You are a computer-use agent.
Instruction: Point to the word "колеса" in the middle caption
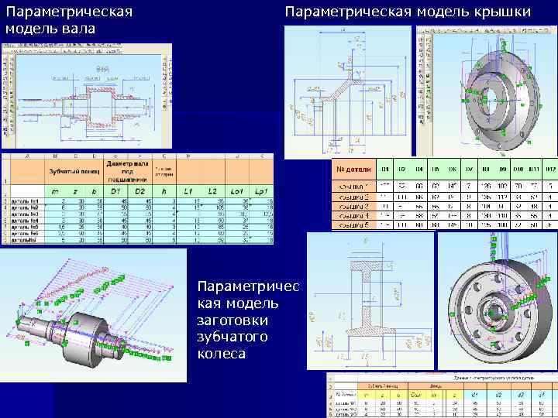point(221,354)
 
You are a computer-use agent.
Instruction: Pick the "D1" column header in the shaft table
point(117,190)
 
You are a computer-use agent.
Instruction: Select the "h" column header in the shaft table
point(165,190)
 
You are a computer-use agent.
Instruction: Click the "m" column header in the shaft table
point(54,190)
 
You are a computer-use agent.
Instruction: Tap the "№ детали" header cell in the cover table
point(353,168)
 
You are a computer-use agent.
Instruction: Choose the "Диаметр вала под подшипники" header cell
point(128,170)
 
